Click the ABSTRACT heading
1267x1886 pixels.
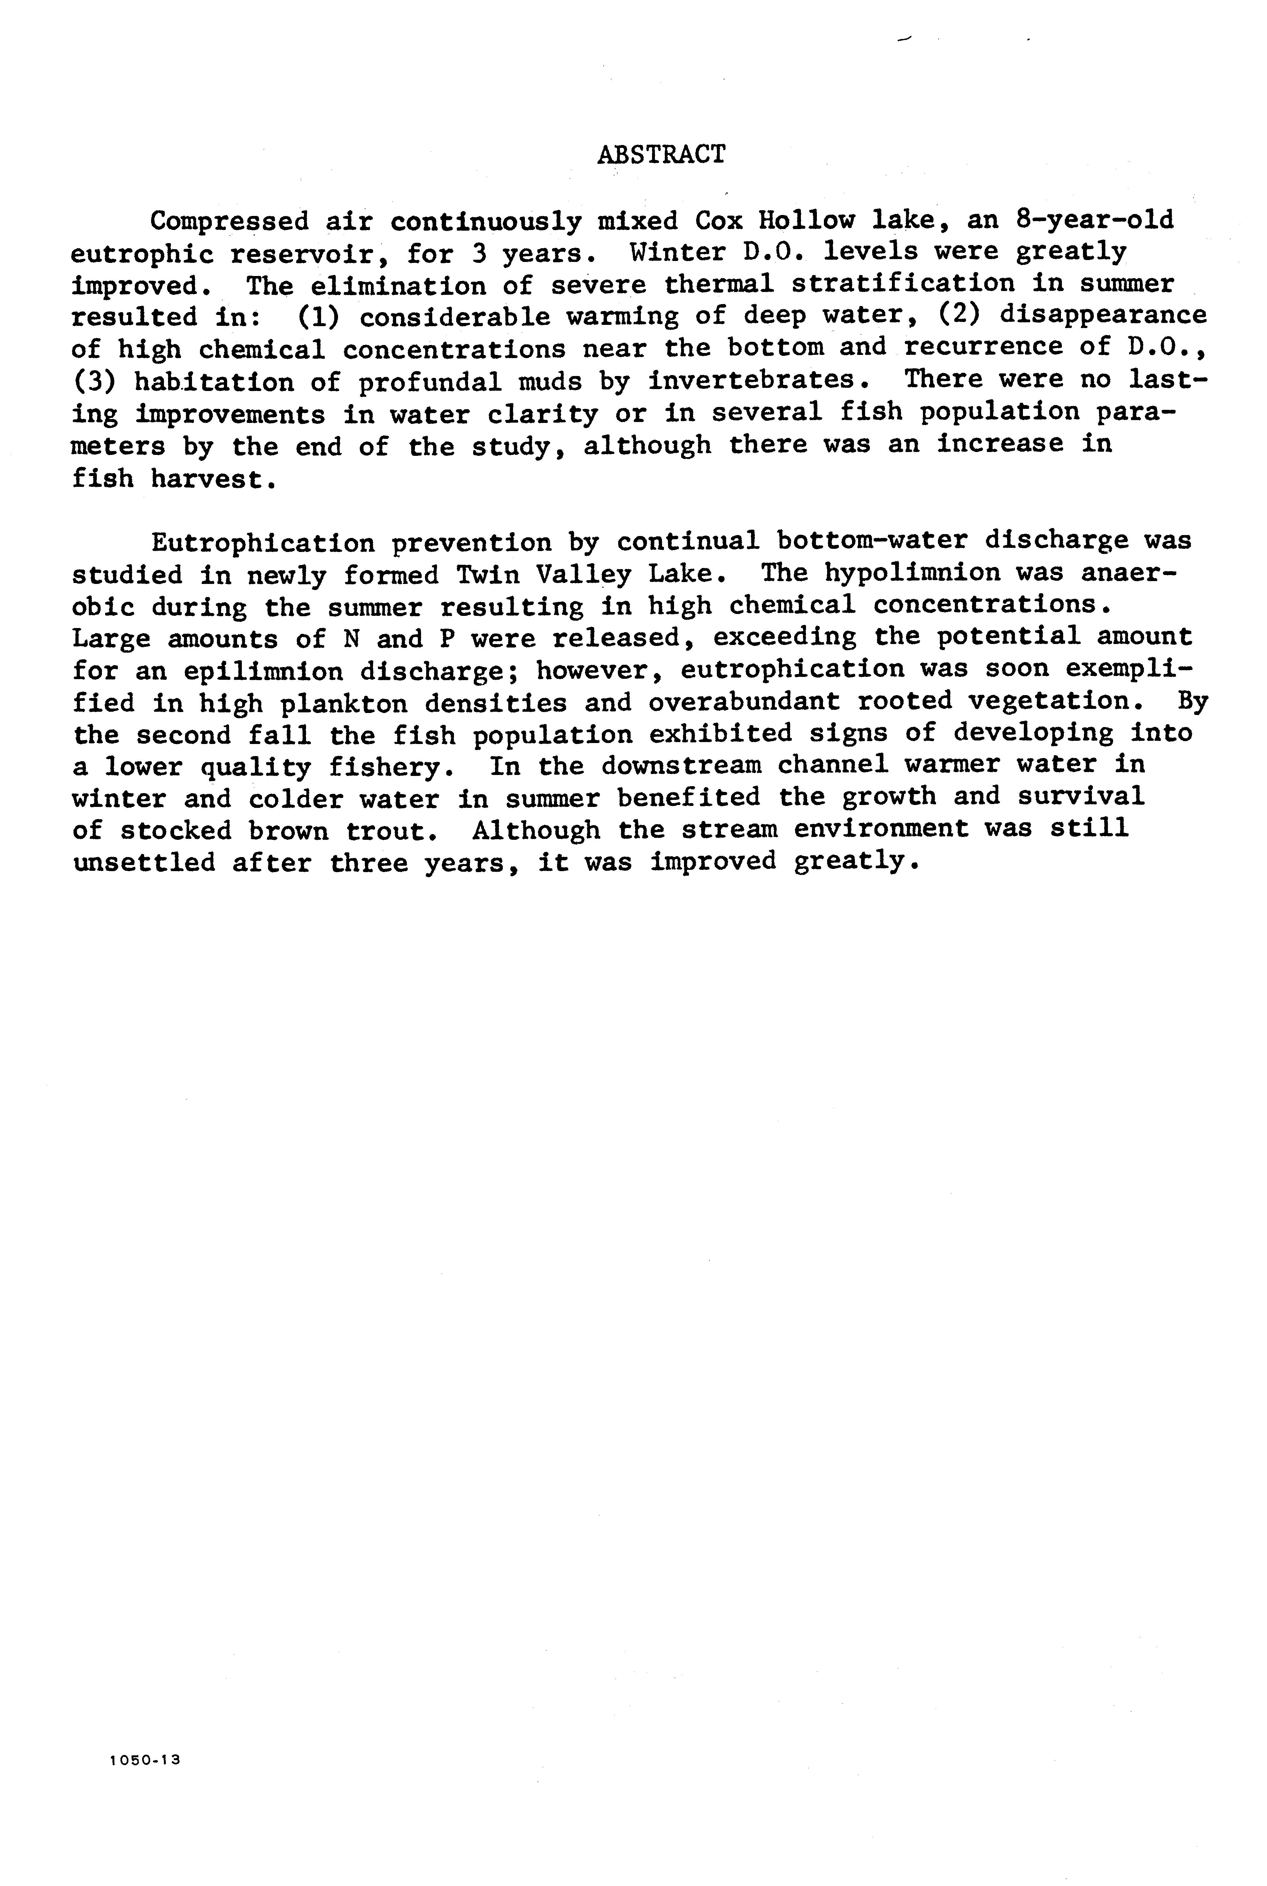pyautogui.click(x=661, y=154)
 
